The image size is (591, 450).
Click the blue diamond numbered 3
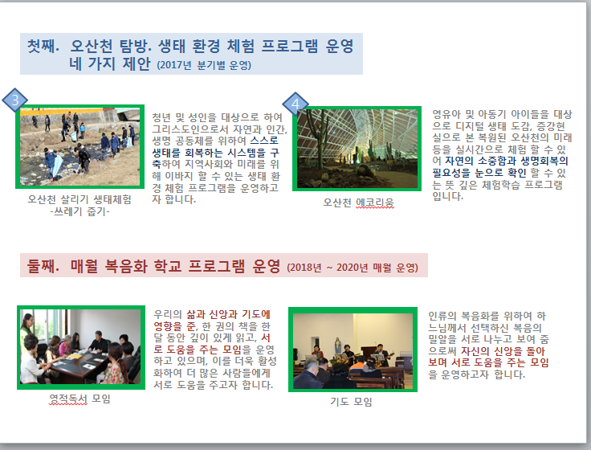click(14, 100)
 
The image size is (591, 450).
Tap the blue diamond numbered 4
click(295, 104)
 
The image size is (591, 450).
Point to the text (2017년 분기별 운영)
click(204, 65)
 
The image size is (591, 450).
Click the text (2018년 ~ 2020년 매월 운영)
click(353, 268)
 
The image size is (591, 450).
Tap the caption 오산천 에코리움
click(358, 203)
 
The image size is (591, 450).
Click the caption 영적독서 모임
click(80, 399)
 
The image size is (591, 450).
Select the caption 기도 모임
click(351, 402)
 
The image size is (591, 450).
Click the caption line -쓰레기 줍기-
click(80, 211)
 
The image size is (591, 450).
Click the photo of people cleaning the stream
click(80, 147)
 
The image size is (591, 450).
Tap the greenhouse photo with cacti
click(357, 149)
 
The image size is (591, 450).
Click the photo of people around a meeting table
click(81, 347)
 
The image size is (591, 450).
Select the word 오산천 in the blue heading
click(92, 46)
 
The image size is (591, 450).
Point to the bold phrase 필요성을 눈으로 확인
click(479, 173)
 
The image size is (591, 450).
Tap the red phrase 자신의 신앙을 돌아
click(503, 351)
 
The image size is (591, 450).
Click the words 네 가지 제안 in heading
click(110, 63)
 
